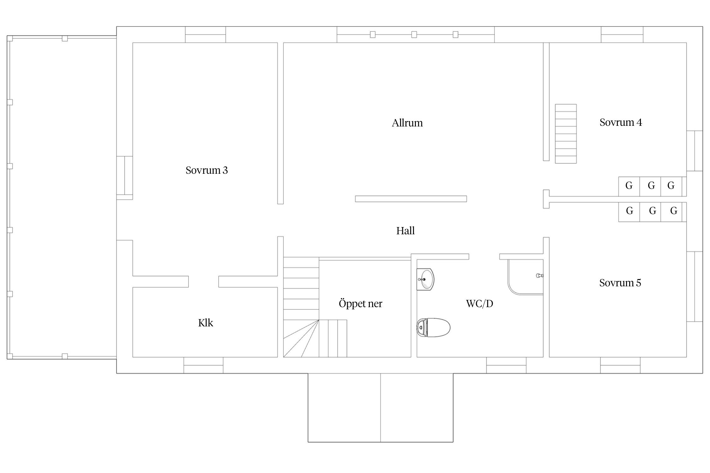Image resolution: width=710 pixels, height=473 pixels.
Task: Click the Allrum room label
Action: pyautogui.click(x=407, y=123)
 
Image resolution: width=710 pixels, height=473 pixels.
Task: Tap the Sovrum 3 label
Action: pyautogui.click(x=207, y=170)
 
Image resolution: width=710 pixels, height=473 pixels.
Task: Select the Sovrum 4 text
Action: pyautogui.click(x=621, y=122)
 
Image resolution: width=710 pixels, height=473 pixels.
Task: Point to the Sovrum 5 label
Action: pyautogui.click(x=620, y=283)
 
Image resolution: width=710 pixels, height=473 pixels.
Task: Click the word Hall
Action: pyautogui.click(x=405, y=231)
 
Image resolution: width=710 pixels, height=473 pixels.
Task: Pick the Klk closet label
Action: pyautogui.click(x=205, y=323)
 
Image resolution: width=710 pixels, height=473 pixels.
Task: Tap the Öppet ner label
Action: pyautogui.click(x=360, y=303)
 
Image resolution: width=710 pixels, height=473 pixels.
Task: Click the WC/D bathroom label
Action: pyautogui.click(x=479, y=304)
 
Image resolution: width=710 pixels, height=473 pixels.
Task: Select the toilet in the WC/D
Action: pyautogui.click(x=433, y=328)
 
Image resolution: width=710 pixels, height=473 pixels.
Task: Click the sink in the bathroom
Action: pyautogui.click(x=425, y=279)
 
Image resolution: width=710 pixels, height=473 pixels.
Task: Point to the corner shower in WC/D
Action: pyautogui.click(x=525, y=277)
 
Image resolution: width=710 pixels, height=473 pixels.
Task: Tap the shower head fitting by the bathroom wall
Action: pyautogui.click(x=540, y=276)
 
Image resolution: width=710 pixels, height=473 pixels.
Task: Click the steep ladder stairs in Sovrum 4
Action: pyautogui.click(x=566, y=134)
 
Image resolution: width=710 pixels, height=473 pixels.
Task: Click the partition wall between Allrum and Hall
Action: pyautogui.click(x=411, y=199)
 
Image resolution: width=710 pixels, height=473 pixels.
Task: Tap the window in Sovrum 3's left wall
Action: pyautogui.click(x=125, y=178)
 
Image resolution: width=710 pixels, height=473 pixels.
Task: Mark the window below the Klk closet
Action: pyautogui.click(x=204, y=365)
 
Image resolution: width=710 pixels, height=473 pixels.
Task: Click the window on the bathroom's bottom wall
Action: pyautogui.click(x=506, y=365)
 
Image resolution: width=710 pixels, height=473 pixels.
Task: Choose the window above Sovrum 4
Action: pyautogui.click(x=622, y=35)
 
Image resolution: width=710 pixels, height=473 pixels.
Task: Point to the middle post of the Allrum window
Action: pyautogui.click(x=414, y=35)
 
